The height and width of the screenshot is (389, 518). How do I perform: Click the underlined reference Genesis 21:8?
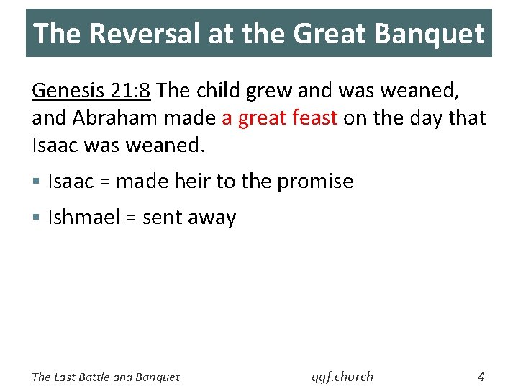click(91, 90)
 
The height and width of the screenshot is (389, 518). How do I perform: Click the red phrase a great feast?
click(280, 117)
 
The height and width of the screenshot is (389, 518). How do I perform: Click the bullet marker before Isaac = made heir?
click(37, 182)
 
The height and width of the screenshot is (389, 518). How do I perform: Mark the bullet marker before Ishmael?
click(37, 218)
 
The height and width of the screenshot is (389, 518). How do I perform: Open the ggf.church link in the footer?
click(342, 376)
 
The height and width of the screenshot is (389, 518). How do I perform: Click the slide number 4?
click(481, 375)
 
